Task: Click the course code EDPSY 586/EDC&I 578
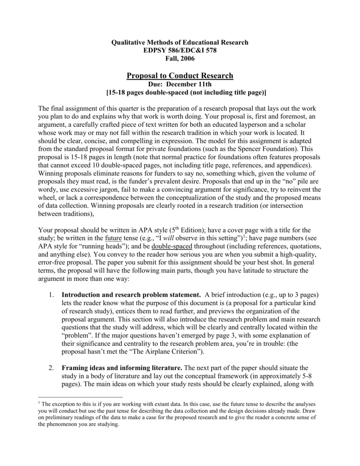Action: click(180, 50)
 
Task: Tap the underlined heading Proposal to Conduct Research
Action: click(180, 76)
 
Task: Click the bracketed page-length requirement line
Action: click(180, 92)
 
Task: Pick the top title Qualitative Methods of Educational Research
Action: click(180, 42)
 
